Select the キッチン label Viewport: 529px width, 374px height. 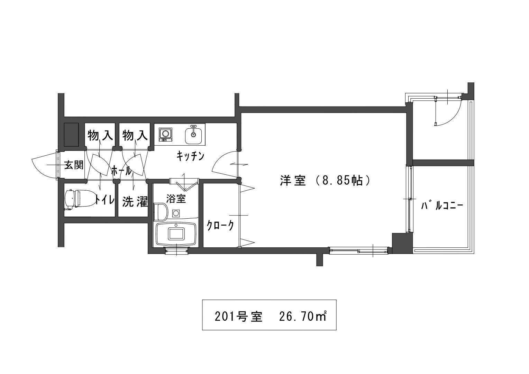(x=190, y=156)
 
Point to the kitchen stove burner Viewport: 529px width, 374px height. (x=165, y=135)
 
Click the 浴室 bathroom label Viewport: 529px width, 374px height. (x=176, y=199)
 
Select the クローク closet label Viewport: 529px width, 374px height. (x=220, y=226)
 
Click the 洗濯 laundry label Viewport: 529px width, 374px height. (x=135, y=201)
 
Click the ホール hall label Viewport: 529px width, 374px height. (x=121, y=171)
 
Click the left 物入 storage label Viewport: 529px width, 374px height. (x=100, y=136)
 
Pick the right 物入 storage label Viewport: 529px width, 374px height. (x=135, y=136)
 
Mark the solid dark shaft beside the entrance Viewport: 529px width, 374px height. (x=72, y=135)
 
